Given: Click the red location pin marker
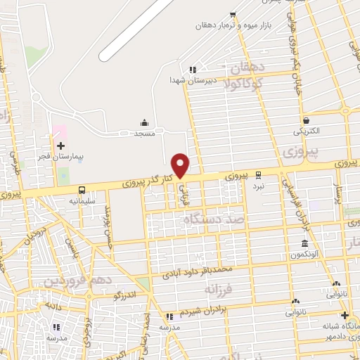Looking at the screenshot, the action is [181, 165].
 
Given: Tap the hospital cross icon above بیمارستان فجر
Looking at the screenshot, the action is [60, 145].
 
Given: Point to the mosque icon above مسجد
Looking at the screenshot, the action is [145, 122].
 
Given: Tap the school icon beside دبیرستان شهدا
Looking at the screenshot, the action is [191, 70].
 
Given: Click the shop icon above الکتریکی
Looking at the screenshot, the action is [305, 120].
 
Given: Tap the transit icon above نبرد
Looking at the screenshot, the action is [258, 174].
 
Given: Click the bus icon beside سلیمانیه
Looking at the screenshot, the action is [82, 189].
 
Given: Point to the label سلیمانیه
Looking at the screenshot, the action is [82, 200].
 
